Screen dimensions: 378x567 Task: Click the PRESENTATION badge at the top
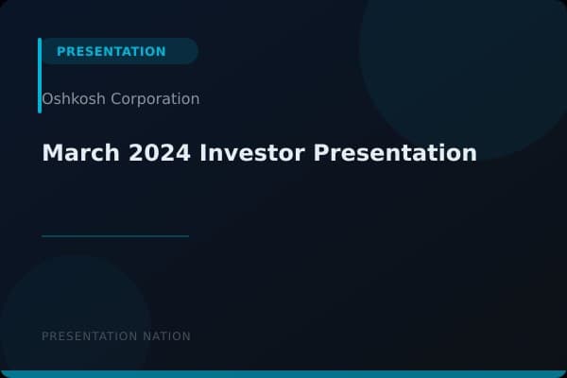click(112, 51)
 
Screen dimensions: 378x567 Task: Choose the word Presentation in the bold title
click(395, 152)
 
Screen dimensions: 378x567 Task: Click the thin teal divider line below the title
click(115, 236)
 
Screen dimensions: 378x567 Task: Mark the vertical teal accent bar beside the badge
click(40, 76)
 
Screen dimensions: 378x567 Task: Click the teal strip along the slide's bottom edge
click(283, 374)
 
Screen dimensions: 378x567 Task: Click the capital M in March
click(51, 152)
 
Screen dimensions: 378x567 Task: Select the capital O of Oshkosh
click(47, 99)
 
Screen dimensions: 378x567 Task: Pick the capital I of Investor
click(204, 152)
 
